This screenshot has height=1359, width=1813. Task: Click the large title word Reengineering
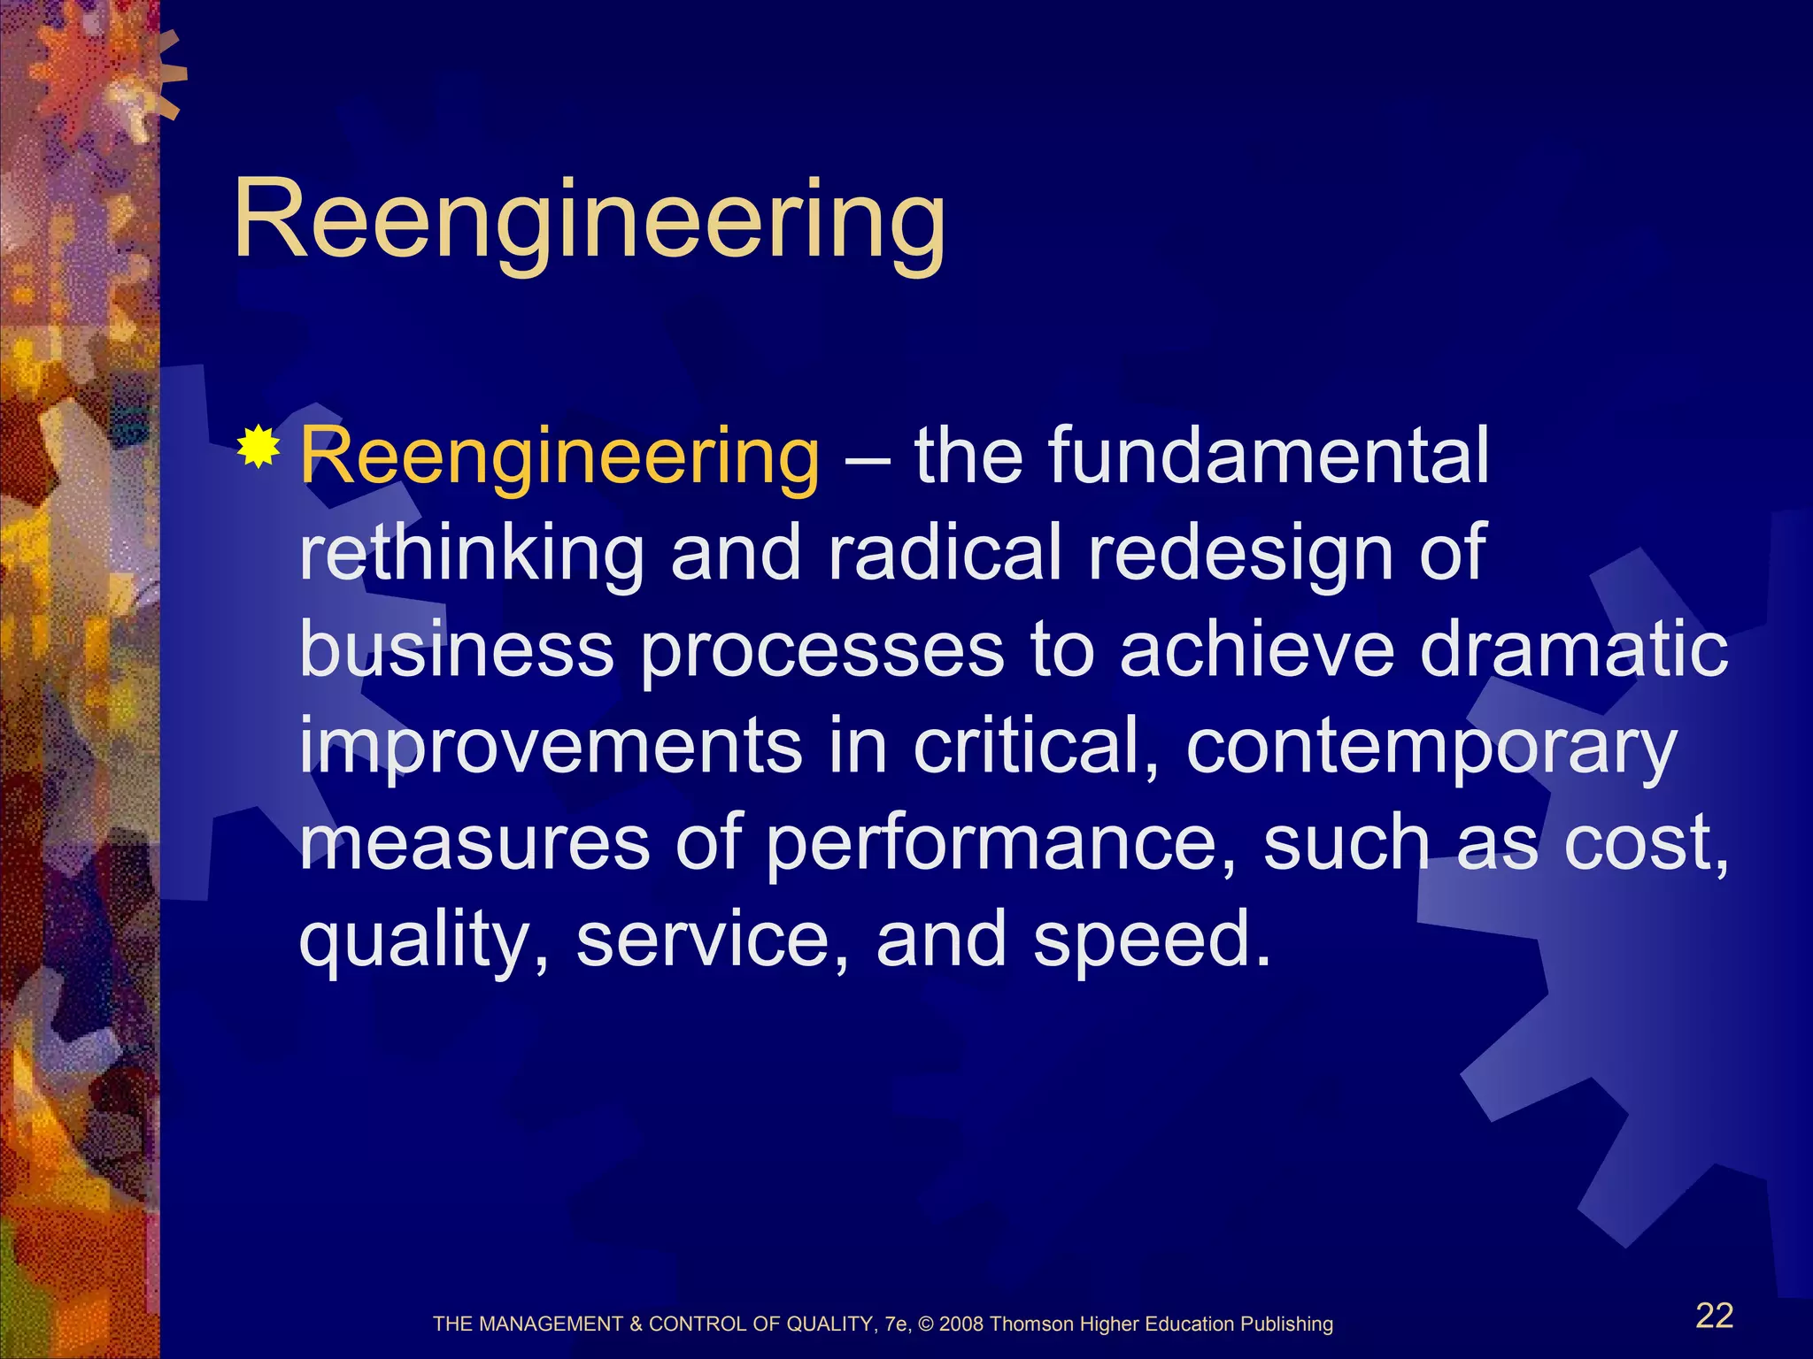(589, 221)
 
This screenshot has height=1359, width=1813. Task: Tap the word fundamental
(1269, 456)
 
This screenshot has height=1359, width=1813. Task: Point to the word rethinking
(472, 553)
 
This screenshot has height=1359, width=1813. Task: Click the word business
(457, 650)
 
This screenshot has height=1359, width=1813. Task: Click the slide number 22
(1714, 1316)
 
